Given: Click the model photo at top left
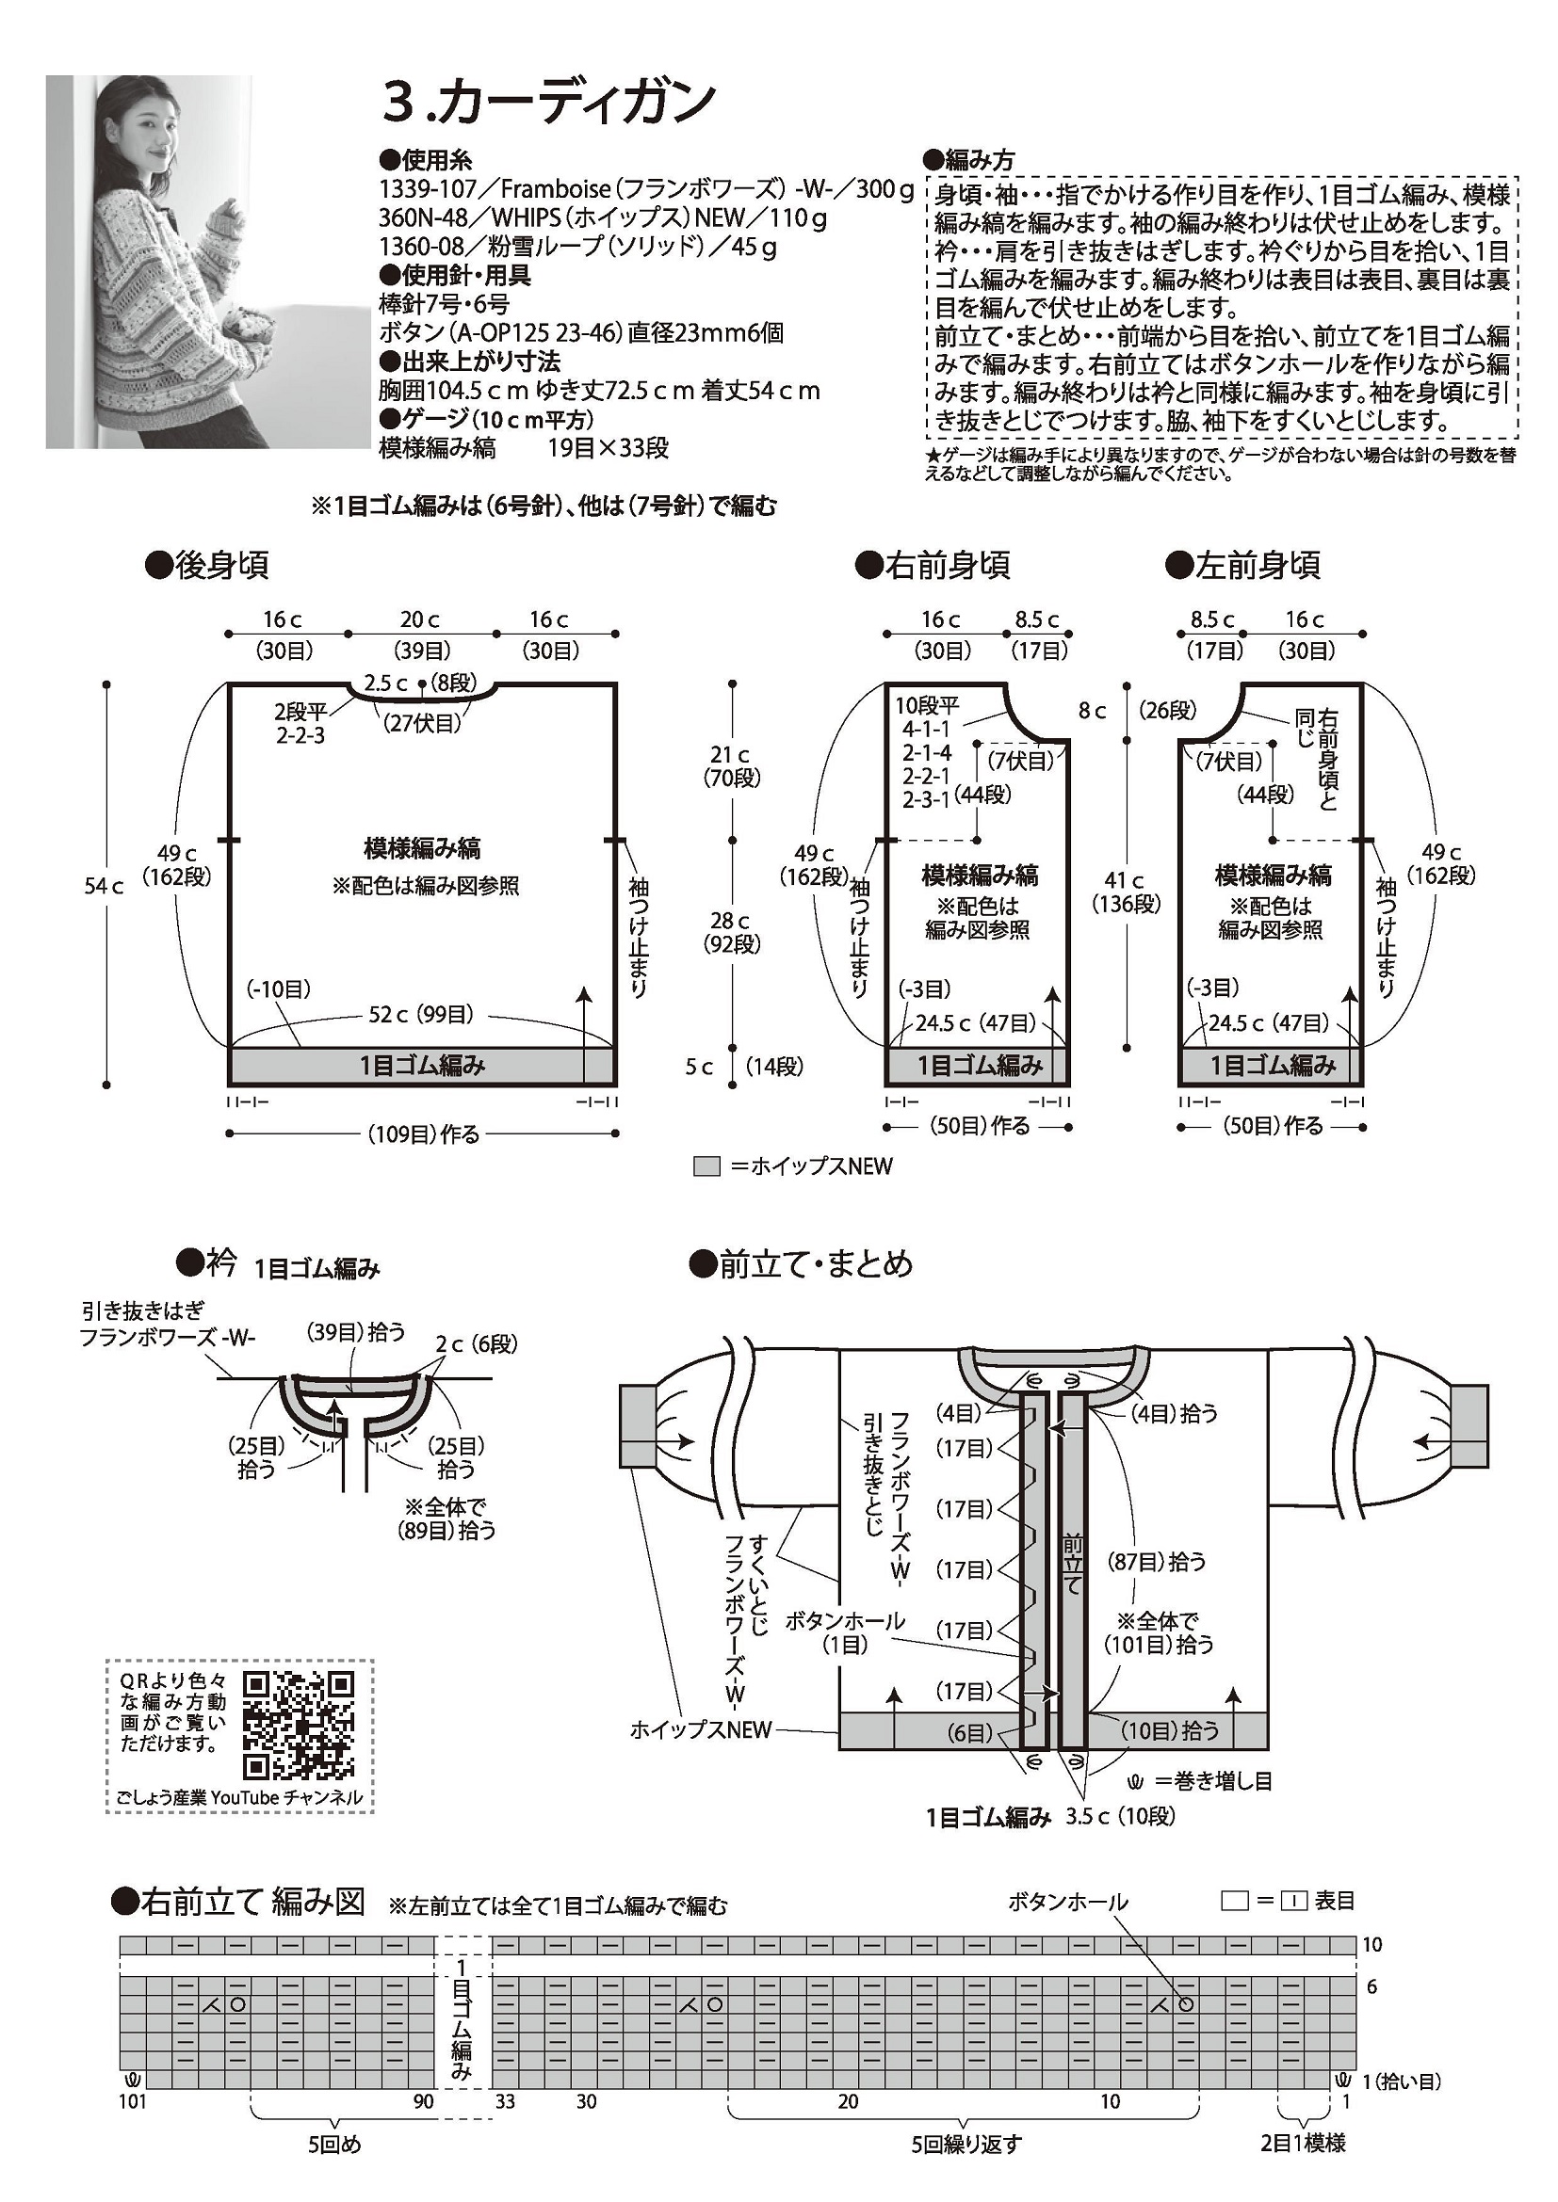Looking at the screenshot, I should pos(207,262).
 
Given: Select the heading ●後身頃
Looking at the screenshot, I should pos(207,565).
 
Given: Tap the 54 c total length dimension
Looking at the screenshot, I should pos(104,885).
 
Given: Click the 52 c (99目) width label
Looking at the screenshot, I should pos(421,1015).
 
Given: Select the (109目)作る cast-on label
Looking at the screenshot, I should pos(423,1133).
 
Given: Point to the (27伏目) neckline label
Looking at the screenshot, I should pos(422,723).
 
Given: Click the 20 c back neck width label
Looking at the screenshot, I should pos(420,619).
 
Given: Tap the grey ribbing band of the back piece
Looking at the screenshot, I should pos(422,1066).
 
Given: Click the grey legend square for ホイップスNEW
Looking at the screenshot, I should pos(706,1166).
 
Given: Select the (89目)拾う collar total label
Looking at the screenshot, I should pos(446,1531).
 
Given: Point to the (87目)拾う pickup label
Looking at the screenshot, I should pos(1156,1561).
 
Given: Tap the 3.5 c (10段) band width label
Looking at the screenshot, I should pos(1120,1815).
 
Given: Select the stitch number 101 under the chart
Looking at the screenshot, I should pos(133,2101).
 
